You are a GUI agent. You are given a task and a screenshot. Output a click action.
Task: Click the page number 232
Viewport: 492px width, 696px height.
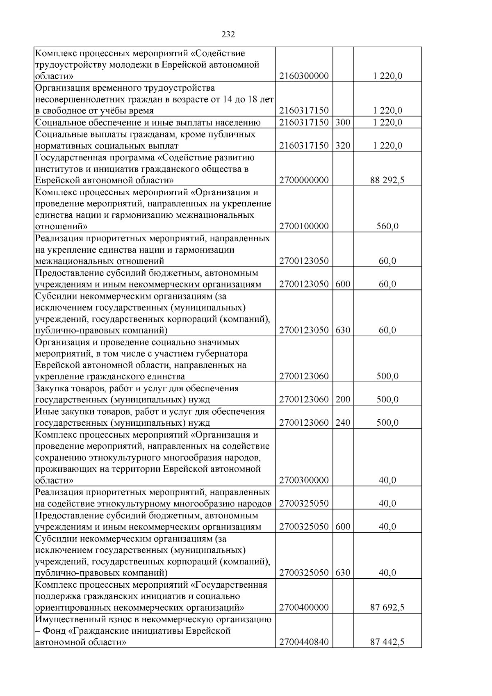(228, 35)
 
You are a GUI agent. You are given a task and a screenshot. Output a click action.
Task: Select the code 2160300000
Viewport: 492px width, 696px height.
(304, 76)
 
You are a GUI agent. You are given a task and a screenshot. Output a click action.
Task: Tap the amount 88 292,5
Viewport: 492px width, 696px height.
(387, 180)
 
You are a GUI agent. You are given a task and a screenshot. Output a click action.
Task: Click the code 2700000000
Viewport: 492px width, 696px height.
(304, 180)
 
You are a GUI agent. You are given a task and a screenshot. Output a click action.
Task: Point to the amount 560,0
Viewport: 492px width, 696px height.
(387, 226)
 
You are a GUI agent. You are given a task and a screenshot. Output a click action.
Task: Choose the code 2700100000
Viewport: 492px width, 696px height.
(304, 226)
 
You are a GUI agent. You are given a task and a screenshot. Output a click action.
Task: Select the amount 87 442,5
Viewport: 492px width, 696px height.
(387, 642)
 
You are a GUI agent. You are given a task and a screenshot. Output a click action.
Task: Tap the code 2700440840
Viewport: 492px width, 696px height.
(304, 642)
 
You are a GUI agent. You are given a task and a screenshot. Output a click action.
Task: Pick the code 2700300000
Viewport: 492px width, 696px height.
(304, 480)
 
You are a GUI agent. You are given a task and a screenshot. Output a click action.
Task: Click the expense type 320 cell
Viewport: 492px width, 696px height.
(343, 146)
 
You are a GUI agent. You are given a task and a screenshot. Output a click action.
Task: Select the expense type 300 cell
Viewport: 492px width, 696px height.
(343, 123)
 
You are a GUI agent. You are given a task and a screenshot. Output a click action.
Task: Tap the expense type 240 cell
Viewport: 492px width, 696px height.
(343, 423)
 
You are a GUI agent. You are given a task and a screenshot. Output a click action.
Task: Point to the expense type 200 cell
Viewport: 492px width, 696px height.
(343, 399)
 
